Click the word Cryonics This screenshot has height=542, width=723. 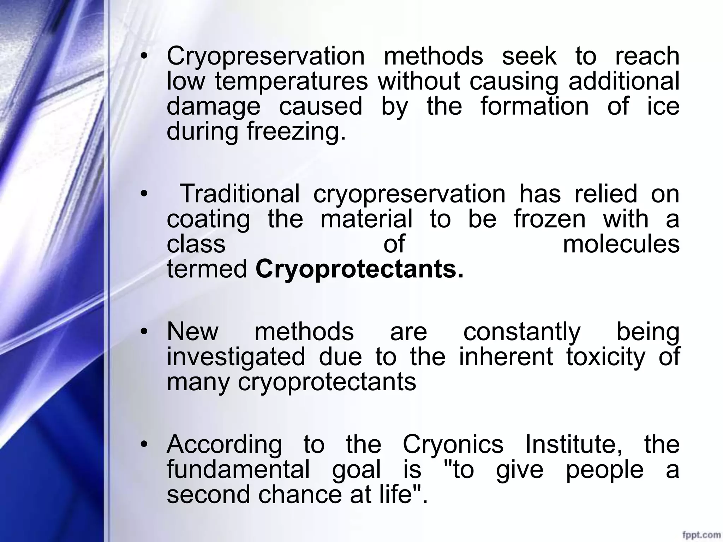[x=453, y=444]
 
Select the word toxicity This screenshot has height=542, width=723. [x=605, y=357]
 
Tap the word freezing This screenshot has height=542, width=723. [x=296, y=131]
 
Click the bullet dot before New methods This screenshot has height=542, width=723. [x=143, y=332]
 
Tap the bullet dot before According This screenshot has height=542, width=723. [x=143, y=445]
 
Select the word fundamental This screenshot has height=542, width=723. [x=238, y=469]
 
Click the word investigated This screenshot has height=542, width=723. [x=235, y=357]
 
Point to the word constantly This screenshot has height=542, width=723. [x=522, y=332]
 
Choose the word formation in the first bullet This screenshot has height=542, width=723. [x=534, y=106]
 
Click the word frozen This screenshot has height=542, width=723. [x=550, y=219]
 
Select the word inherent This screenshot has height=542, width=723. [x=506, y=357]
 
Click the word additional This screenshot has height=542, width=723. [x=624, y=82]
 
